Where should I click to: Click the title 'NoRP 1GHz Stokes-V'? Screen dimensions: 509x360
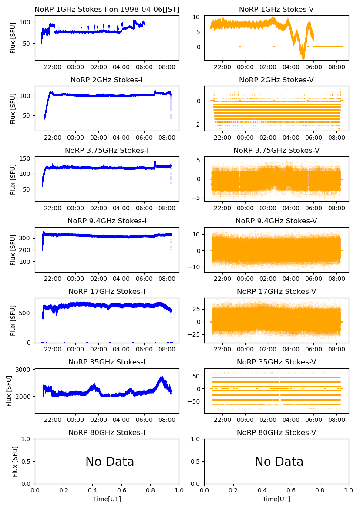coord(276,10)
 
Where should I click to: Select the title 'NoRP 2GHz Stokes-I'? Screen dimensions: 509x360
coord(107,80)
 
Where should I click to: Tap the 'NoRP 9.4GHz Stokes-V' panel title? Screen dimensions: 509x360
coord(276,221)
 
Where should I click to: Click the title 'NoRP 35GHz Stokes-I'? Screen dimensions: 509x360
coord(107,362)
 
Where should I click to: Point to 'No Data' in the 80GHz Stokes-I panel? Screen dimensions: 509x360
coord(110,462)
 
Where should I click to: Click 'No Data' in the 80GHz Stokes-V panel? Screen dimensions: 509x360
coord(279,462)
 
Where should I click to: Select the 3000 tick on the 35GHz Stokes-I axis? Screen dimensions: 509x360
coord(24,370)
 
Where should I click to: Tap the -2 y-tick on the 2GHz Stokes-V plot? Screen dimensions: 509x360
coord(196,125)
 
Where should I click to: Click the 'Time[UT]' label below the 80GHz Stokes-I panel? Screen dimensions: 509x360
coord(107,499)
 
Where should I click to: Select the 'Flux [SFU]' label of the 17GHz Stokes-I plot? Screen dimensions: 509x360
coord(13,320)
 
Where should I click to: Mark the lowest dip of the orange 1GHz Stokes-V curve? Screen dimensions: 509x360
coord(303,58)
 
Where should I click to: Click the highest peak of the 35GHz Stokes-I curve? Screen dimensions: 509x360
coord(162,377)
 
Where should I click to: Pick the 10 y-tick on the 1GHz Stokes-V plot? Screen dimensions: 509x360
coord(196,17)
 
